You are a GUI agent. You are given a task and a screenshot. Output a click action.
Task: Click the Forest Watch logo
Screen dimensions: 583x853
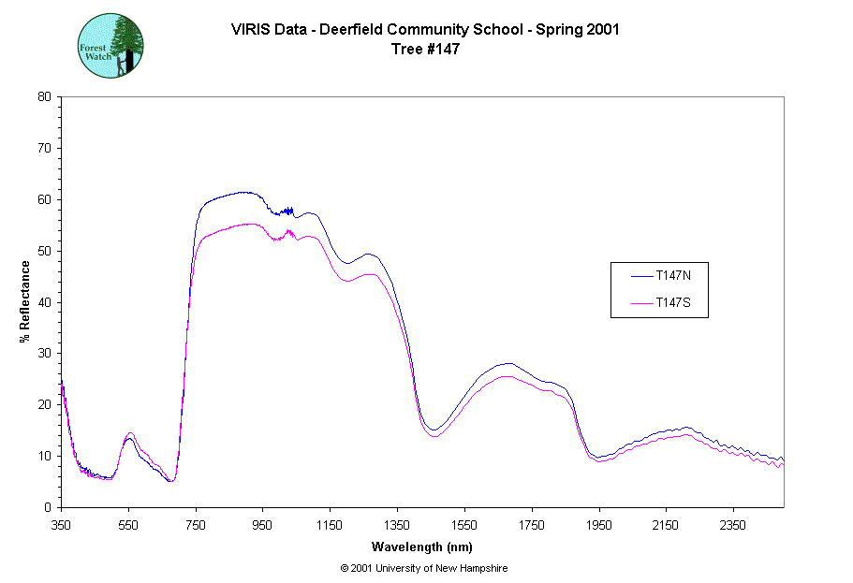point(110,45)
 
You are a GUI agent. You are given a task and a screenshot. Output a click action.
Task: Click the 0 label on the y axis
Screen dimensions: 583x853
point(48,507)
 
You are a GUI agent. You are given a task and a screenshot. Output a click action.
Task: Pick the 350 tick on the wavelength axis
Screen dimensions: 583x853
point(61,525)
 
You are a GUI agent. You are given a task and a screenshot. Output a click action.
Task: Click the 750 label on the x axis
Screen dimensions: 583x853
point(196,525)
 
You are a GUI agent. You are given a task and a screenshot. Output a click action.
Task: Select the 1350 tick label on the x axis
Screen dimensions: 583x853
point(397,525)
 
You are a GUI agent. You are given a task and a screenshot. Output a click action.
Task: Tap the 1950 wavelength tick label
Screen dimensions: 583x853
point(598,525)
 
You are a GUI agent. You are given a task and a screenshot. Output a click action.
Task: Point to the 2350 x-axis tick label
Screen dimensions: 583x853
point(732,525)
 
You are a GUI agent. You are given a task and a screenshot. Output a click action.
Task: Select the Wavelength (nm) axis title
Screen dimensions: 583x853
point(421,547)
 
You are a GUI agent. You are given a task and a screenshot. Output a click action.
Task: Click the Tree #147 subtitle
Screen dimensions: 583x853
point(425,50)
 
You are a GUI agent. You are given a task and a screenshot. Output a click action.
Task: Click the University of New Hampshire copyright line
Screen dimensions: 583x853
point(424,568)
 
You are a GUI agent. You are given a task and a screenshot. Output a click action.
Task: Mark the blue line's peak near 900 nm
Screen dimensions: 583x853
point(244,192)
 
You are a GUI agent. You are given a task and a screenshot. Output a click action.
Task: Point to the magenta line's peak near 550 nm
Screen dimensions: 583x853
point(129,432)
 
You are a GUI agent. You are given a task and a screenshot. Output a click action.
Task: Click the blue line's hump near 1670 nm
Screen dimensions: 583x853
point(507,363)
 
